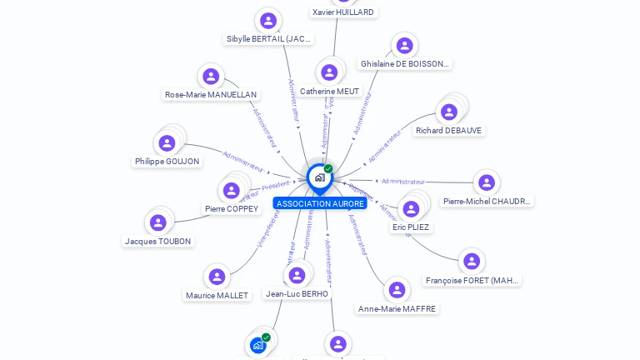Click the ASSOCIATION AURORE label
point(320,203)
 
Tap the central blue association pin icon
point(319,177)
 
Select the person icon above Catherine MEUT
point(329,72)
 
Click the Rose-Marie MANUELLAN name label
point(211,95)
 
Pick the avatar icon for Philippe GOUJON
point(167,143)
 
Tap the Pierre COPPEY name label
point(232,208)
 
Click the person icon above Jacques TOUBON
point(157,222)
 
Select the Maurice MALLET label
point(217,295)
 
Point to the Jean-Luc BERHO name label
point(297,293)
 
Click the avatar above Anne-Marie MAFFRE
point(397,290)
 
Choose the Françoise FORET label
point(472,281)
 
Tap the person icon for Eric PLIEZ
point(411,208)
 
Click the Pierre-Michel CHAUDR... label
point(487,201)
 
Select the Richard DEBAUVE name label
point(449,131)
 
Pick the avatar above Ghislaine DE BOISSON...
point(404,46)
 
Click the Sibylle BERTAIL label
point(268,38)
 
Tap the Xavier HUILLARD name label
point(342,12)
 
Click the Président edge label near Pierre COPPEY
point(276,186)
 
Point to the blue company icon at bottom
point(258,344)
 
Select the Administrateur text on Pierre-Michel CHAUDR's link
point(403,181)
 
